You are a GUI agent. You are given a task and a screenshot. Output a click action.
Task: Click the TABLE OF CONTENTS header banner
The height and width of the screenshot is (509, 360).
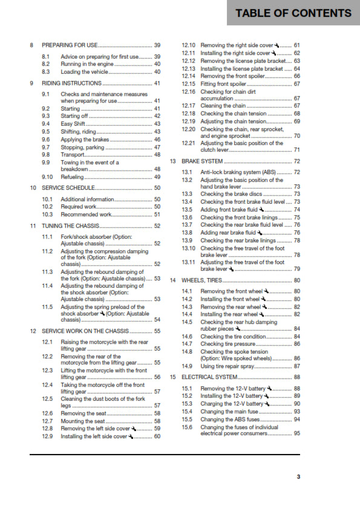click(293, 13)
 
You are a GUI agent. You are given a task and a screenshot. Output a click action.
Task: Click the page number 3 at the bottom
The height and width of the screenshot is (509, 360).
click(298, 477)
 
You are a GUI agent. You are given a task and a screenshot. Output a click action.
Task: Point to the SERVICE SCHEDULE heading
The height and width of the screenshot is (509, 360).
click(67, 188)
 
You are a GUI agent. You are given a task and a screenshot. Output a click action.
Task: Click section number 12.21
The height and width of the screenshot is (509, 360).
click(189, 143)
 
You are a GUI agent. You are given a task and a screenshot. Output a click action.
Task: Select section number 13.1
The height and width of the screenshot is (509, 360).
click(188, 172)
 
